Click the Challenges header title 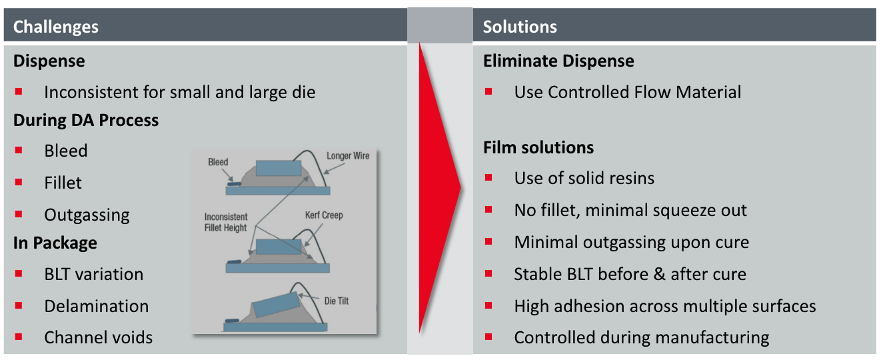(x=56, y=27)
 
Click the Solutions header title (x=520, y=27)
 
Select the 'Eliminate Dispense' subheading (x=558, y=61)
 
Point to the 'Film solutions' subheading (x=538, y=147)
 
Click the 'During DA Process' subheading (x=86, y=121)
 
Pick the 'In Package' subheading (x=55, y=243)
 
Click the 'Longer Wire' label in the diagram (x=348, y=156)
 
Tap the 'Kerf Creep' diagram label (x=324, y=215)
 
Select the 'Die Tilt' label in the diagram (x=337, y=301)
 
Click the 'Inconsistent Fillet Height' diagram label (x=226, y=222)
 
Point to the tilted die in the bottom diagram (x=276, y=304)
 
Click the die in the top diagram (x=279, y=168)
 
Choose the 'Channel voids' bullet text (x=99, y=337)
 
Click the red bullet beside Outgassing (x=19, y=214)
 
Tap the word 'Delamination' (x=97, y=306)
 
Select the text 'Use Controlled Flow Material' (x=628, y=92)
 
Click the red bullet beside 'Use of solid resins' (x=488, y=177)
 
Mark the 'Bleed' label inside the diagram (x=218, y=162)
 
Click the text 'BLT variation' (x=93, y=274)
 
